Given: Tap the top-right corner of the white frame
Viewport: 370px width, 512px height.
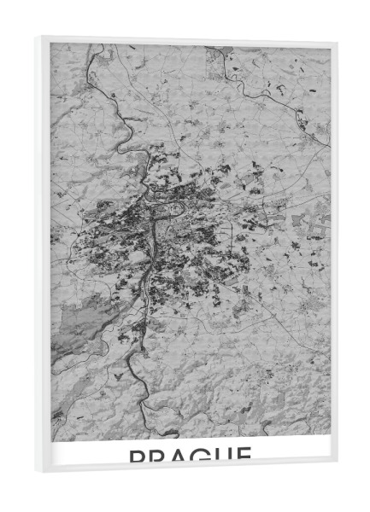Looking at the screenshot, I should pyautogui.click(x=338, y=41).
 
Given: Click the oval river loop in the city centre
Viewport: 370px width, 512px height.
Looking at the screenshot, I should pyautogui.click(x=176, y=207).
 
